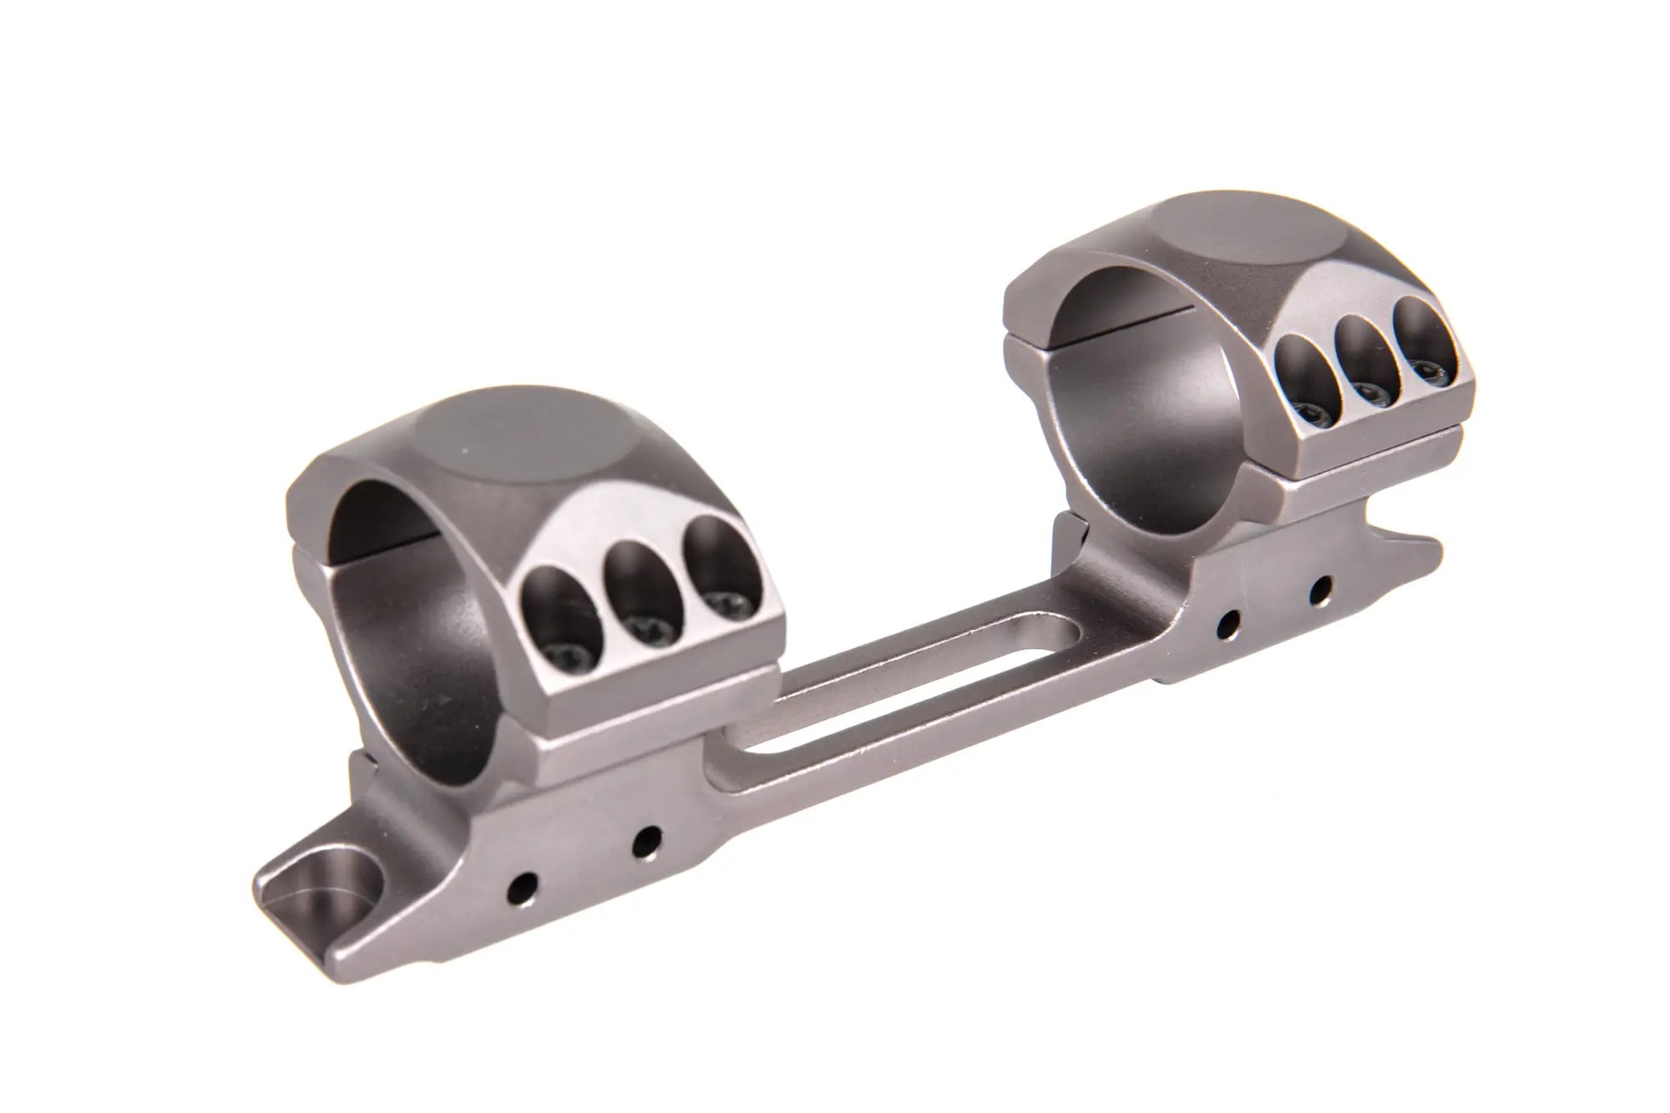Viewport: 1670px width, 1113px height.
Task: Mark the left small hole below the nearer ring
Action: click(525, 883)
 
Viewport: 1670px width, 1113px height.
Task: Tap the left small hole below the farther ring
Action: click(1228, 622)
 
